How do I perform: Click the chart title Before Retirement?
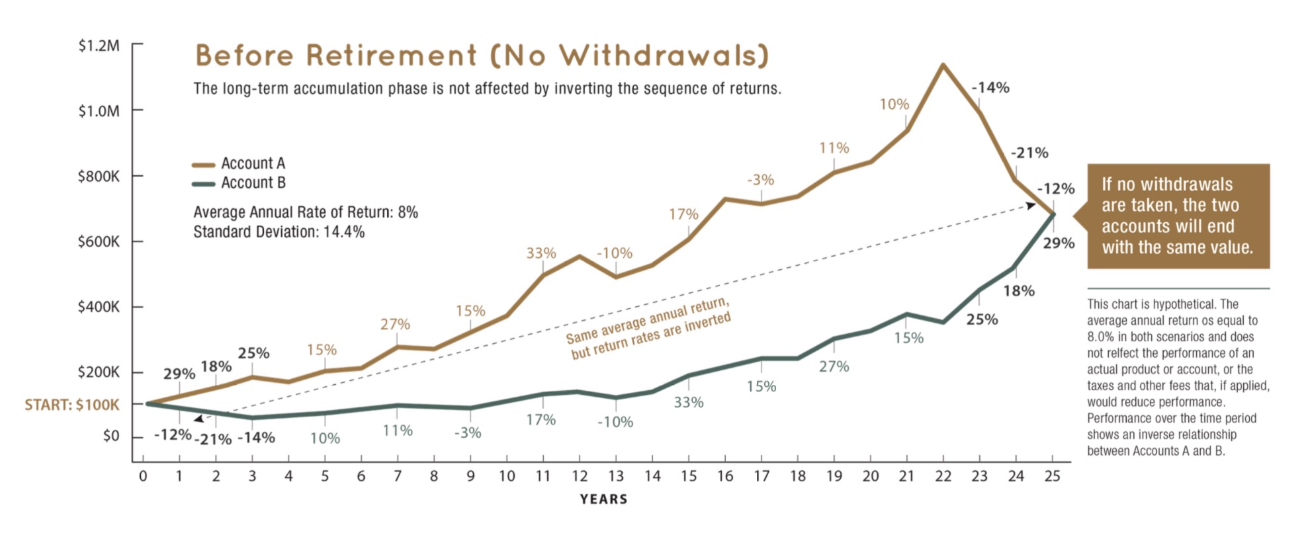[482, 56]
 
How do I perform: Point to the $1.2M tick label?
[99, 46]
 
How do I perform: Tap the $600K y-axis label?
[99, 242]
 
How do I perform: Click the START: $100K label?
[72, 405]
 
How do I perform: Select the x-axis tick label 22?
[943, 476]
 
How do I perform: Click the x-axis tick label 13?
[615, 476]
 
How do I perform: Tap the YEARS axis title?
[603, 499]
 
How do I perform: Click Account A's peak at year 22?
[942, 65]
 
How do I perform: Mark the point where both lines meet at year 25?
[1053, 214]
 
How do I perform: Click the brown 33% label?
[541, 253]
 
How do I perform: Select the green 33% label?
[689, 402]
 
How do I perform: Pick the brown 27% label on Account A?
[395, 325]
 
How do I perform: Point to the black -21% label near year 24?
[1029, 153]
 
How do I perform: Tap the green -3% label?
[468, 433]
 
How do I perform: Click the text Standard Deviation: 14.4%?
[279, 232]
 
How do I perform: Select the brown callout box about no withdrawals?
[1178, 216]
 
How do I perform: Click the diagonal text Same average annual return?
[647, 319]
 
